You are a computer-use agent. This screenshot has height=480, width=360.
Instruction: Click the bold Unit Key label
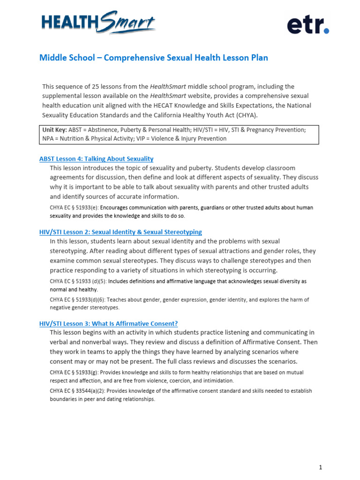[55, 130]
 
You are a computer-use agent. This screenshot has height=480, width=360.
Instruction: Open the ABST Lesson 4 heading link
[96, 159]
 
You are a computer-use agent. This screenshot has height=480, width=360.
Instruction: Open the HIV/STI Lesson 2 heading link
[120, 232]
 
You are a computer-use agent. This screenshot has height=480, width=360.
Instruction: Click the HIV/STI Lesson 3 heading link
[108, 324]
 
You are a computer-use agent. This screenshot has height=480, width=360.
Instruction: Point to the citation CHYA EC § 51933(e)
[74, 208]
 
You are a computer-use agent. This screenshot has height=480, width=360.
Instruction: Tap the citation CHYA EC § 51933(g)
[74, 373]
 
